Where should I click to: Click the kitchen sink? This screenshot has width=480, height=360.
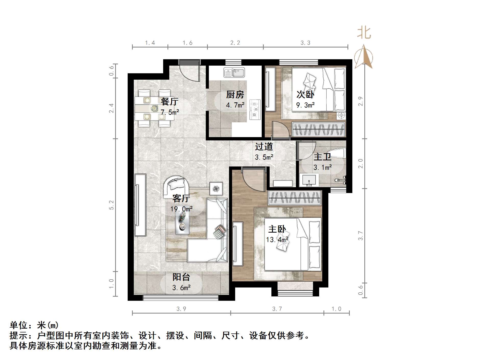pyautogui.click(x=234, y=73)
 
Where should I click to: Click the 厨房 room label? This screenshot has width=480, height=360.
pyautogui.click(x=235, y=95)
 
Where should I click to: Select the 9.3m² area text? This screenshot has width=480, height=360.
pyautogui.click(x=305, y=105)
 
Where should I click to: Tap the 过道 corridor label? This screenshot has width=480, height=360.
pyautogui.click(x=264, y=147)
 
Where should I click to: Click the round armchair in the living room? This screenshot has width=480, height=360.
pyautogui.click(x=176, y=185)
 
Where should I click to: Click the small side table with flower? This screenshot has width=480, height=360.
pyautogui.click(x=216, y=189)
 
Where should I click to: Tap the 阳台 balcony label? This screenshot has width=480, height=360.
pyautogui.click(x=181, y=277)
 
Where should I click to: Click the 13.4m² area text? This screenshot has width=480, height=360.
pyautogui.click(x=277, y=240)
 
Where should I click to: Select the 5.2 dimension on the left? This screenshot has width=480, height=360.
pyautogui.click(x=111, y=205)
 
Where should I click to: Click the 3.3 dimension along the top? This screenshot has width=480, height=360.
pyautogui.click(x=305, y=43)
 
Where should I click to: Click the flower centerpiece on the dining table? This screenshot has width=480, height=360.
pyautogui.click(x=154, y=109)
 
